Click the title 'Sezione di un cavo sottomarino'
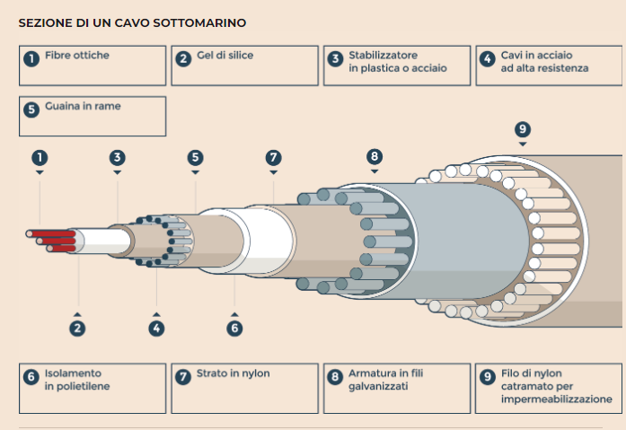(132, 21)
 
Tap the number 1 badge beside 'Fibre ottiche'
(31, 58)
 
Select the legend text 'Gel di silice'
(225, 56)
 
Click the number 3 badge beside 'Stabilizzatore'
(335, 58)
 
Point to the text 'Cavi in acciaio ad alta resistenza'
(533, 62)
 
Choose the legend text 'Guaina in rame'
(83, 106)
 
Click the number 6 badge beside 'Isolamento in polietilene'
(31, 377)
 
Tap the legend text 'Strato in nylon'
(234, 373)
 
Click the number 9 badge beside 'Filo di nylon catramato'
(488, 377)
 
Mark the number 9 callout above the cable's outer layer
(523, 127)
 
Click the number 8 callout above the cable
(375, 156)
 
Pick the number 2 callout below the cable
(78, 328)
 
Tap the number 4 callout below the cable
(157, 328)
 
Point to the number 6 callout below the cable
(235, 328)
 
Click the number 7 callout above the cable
(274, 157)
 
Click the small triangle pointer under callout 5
(196, 171)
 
